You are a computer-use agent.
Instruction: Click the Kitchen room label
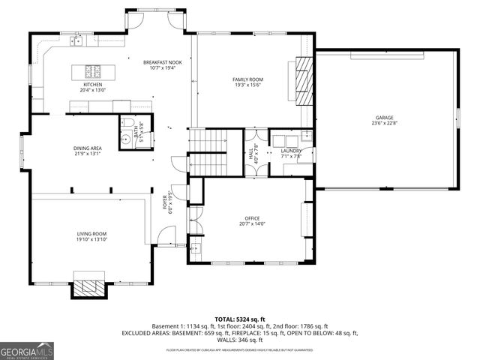click(93, 85)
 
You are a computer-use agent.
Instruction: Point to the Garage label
click(385, 118)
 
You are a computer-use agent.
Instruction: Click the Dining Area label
click(88, 148)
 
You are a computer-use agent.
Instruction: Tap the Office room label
click(252, 218)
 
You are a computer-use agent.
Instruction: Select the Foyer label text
click(165, 202)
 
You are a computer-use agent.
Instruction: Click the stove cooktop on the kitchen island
click(93, 72)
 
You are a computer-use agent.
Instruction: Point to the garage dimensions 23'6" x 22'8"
click(385, 124)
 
